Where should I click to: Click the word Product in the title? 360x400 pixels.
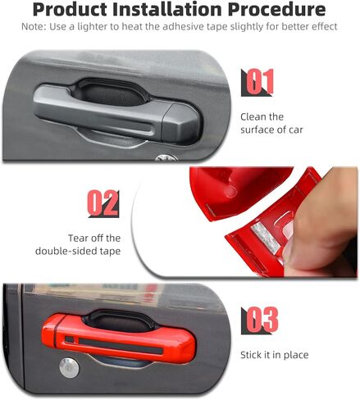(71, 10)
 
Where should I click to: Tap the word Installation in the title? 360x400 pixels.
(167, 9)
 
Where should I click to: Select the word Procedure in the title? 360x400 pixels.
(276, 9)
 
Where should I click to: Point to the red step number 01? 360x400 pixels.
(259, 82)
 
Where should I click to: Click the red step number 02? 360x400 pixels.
(102, 202)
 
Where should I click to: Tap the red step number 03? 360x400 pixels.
(262, 319)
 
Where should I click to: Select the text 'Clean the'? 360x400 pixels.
(262, 117)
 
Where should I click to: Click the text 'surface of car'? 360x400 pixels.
(271, 130)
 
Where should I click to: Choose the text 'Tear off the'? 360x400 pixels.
(94, 238)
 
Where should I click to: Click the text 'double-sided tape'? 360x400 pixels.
(78, 251)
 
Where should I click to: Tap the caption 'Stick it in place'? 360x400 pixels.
(275, 355)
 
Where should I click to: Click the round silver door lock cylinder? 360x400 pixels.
(69, 368)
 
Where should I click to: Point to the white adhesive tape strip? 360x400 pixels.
(265, 238)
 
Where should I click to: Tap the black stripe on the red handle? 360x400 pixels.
(121, 345)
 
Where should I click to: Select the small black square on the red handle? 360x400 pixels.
(70, 339)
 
